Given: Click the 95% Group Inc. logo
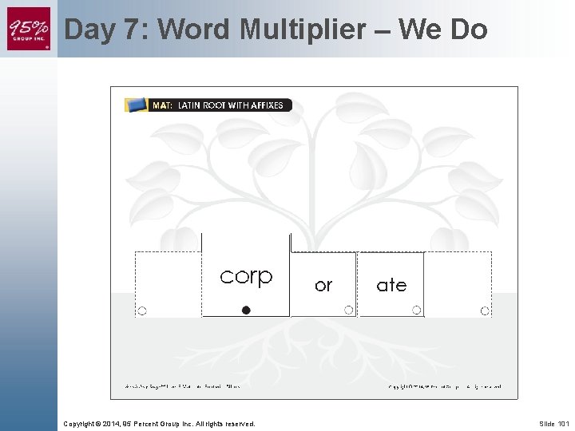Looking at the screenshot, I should (29, 29).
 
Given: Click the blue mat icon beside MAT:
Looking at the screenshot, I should (137, 105).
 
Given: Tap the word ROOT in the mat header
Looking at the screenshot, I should (219, 105).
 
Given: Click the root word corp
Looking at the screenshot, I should (246, 276).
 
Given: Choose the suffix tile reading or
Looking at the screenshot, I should (323, 285).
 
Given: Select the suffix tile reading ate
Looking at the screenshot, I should (391, 285).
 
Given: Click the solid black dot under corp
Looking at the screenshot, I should (246, 310).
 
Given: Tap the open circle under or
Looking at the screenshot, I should (348, 310).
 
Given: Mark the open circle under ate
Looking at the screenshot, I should (416, 310).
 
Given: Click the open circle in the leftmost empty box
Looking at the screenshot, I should (142, 310).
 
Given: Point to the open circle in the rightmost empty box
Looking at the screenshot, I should (484, 310).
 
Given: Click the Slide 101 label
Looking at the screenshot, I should (553, 424).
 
